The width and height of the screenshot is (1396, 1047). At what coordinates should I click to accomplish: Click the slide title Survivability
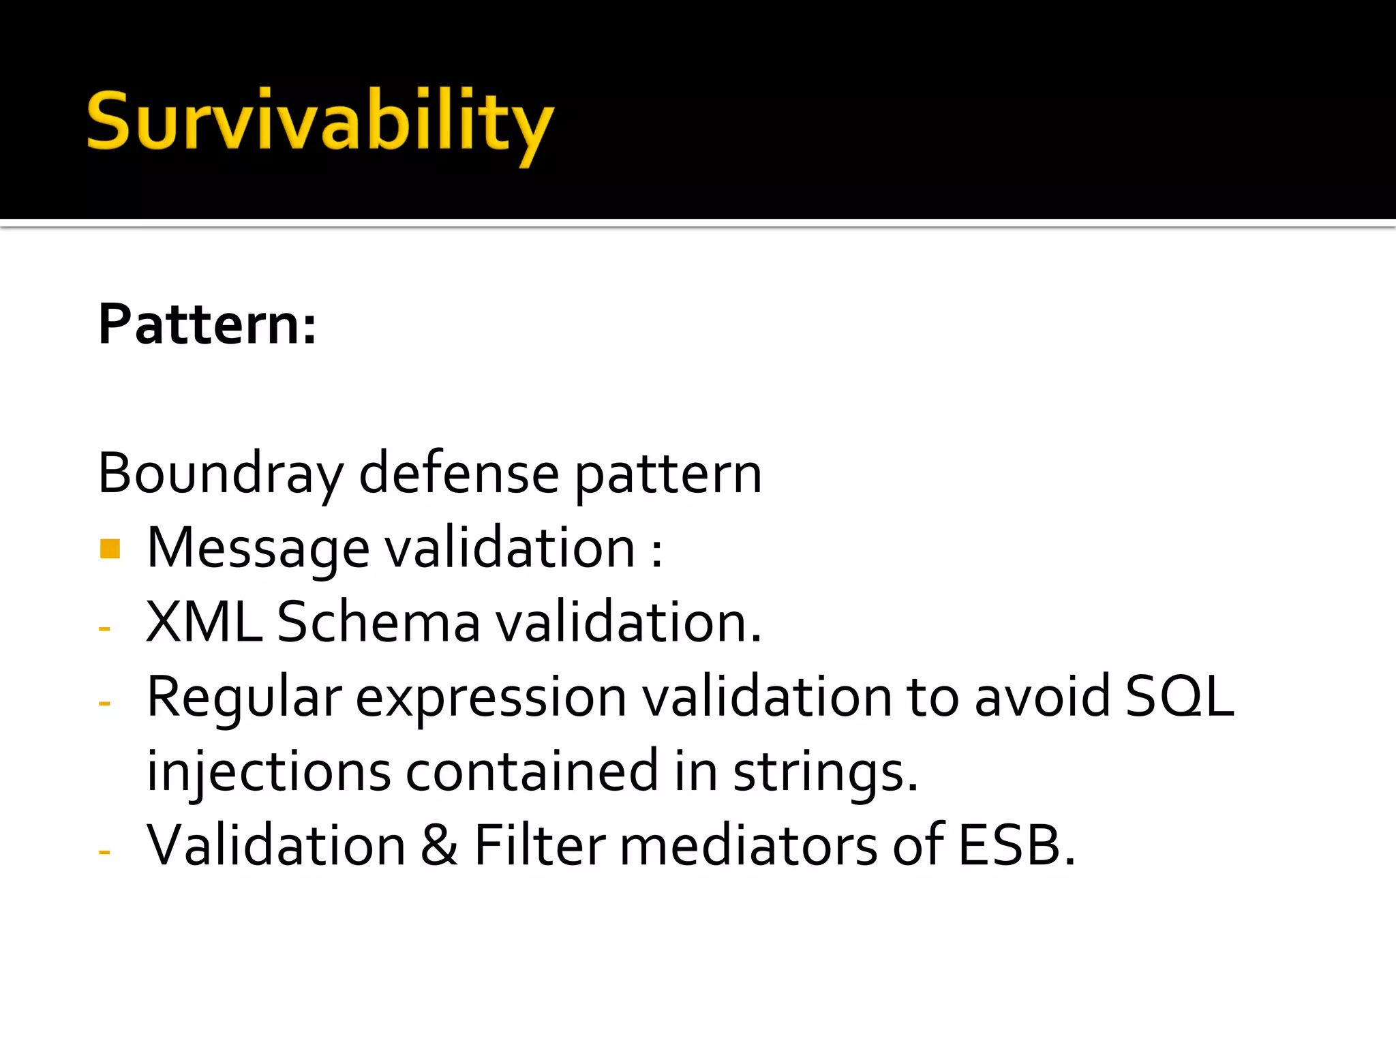(x=320, y=123)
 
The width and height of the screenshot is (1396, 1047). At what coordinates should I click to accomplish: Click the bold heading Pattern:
(x=207, y=324)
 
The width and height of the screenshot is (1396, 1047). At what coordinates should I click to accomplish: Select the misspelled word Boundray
(x=221, y=474)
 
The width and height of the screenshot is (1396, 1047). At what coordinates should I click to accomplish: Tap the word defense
(x=459, y=474)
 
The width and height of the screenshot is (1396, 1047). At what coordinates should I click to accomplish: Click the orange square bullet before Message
(x=110, y=549)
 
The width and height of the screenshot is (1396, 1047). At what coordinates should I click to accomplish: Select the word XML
(x=204, y=622)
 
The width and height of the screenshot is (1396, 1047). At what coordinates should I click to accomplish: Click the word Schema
(x=378, y=622)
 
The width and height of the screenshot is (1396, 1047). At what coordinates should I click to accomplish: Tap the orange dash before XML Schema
(x=104, y=628)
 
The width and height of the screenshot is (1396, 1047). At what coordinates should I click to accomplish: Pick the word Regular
(x=244, y=698)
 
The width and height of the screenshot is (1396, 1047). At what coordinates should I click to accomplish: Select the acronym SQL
(x=1179, y=697)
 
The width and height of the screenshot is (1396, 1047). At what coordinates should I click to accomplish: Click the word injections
(x=269, y=772)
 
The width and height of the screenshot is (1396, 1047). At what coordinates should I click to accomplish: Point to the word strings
(x=825, y=772)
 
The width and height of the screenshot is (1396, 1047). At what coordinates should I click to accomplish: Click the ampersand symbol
(x=440, y=846)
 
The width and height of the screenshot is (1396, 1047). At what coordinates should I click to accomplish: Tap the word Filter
(x=539, y=846)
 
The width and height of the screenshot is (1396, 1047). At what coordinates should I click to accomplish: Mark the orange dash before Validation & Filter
(x=104, y=852)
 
